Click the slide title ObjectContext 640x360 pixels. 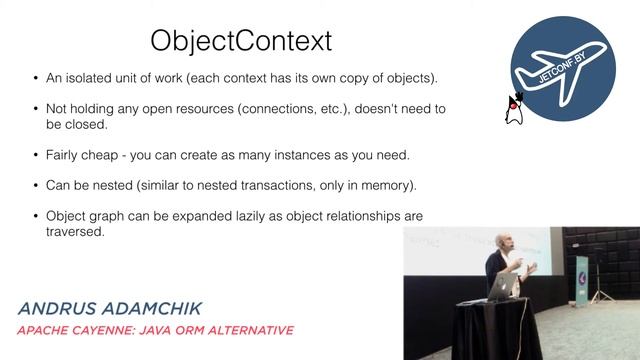tap(240, 41)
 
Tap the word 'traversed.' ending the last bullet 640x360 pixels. tap(76, 232)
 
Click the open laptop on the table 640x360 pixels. tap(501, 287)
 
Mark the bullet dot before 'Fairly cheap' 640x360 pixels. tap(37, 156)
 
